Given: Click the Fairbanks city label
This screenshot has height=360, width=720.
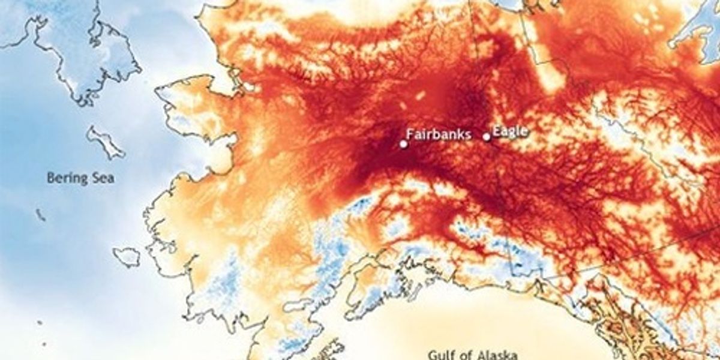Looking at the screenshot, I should click(439, 134).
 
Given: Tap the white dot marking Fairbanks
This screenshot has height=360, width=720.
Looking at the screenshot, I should click(403, 144).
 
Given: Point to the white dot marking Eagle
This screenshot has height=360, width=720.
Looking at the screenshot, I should click(487, 137).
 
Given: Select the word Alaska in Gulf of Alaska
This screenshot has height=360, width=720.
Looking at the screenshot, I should click(497, 354).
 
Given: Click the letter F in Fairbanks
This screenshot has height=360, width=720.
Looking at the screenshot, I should click(410, 134).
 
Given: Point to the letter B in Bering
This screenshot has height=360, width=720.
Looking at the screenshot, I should click(51, 178).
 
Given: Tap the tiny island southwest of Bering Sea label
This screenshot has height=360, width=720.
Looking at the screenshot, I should click(40, 214).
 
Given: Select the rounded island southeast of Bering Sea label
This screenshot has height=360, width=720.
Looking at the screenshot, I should click(127, 257).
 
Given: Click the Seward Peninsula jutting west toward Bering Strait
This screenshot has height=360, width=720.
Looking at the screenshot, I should click(192, 99).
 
